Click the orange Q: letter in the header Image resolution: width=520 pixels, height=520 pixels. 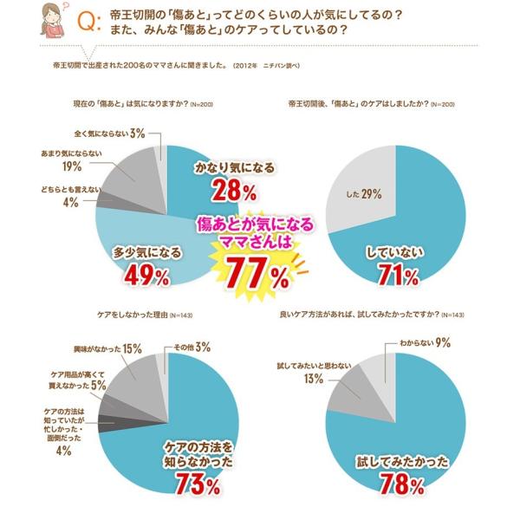88,23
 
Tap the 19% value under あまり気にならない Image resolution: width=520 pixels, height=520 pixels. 72,167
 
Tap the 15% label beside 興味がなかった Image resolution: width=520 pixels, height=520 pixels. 133,348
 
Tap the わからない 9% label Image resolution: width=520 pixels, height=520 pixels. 425,343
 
